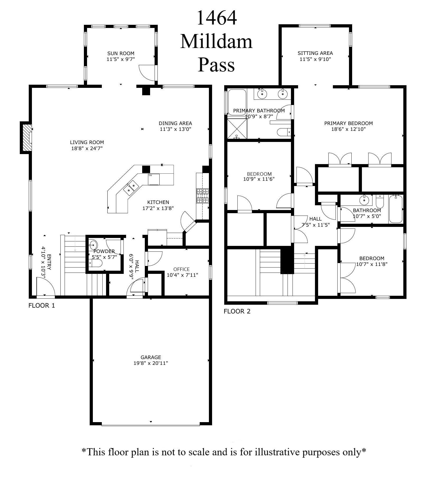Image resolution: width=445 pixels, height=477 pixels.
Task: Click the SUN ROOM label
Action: pyautogui.click(x=121, y=54)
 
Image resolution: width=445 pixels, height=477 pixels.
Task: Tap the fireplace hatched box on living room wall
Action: pyautogui.click(x=27, y=138)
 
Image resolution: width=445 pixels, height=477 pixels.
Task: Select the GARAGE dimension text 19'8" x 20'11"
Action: pyautogui.click(x=151, y=363)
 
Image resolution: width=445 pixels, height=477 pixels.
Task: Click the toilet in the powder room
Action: pyautogui.click(x=95, y=263)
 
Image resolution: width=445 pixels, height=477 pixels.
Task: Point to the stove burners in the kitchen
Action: pyautogui.click(x=202, y=196)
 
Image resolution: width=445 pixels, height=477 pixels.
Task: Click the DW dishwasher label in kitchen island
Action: pyautogui.click(x=150, y=175)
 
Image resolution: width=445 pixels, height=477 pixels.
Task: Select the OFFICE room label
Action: pyautogui.click(x=181, y=269)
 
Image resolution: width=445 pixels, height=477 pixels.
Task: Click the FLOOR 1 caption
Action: pyautogui.click(x=42, y=306)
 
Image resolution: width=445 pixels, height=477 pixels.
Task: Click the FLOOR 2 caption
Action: pyautogui.click(x=237, y=311)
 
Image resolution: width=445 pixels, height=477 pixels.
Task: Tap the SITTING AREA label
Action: pyautogui.click(x=315, y=53)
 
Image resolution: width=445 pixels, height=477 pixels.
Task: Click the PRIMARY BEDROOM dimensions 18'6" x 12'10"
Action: pyautogui.click(x=348, y=129)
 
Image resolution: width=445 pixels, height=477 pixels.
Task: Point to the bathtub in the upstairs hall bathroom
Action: pyautogui.click(x=395, y=209)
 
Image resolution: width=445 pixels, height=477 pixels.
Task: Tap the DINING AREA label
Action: pyautogui.click(x=175, y=123)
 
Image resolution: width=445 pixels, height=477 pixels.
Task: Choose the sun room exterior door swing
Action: pyautogui.click(x=147, y=72)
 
